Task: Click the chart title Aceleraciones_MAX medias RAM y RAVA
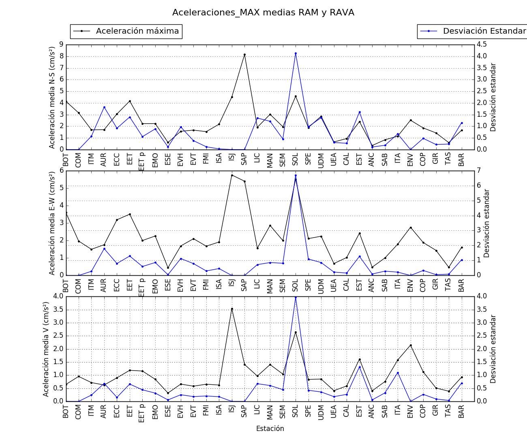coord(263,13)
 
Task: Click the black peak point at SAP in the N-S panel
coord(244,55)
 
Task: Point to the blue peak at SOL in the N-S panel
coord(296,53)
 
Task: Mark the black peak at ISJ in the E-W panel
coord(232,175)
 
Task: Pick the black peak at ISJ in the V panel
coord(232,309)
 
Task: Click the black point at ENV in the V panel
coord(411,345)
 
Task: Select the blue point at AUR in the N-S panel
coord(104,107)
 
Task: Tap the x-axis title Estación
coord(270,429)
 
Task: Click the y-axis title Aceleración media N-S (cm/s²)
coord(52,97)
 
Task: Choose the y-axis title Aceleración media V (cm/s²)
coord(46,349)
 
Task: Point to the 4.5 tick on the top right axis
coord(484,44)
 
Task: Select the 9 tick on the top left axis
coord(61,44)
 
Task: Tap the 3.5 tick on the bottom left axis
coord(58,310)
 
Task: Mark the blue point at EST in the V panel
coord(360,367)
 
